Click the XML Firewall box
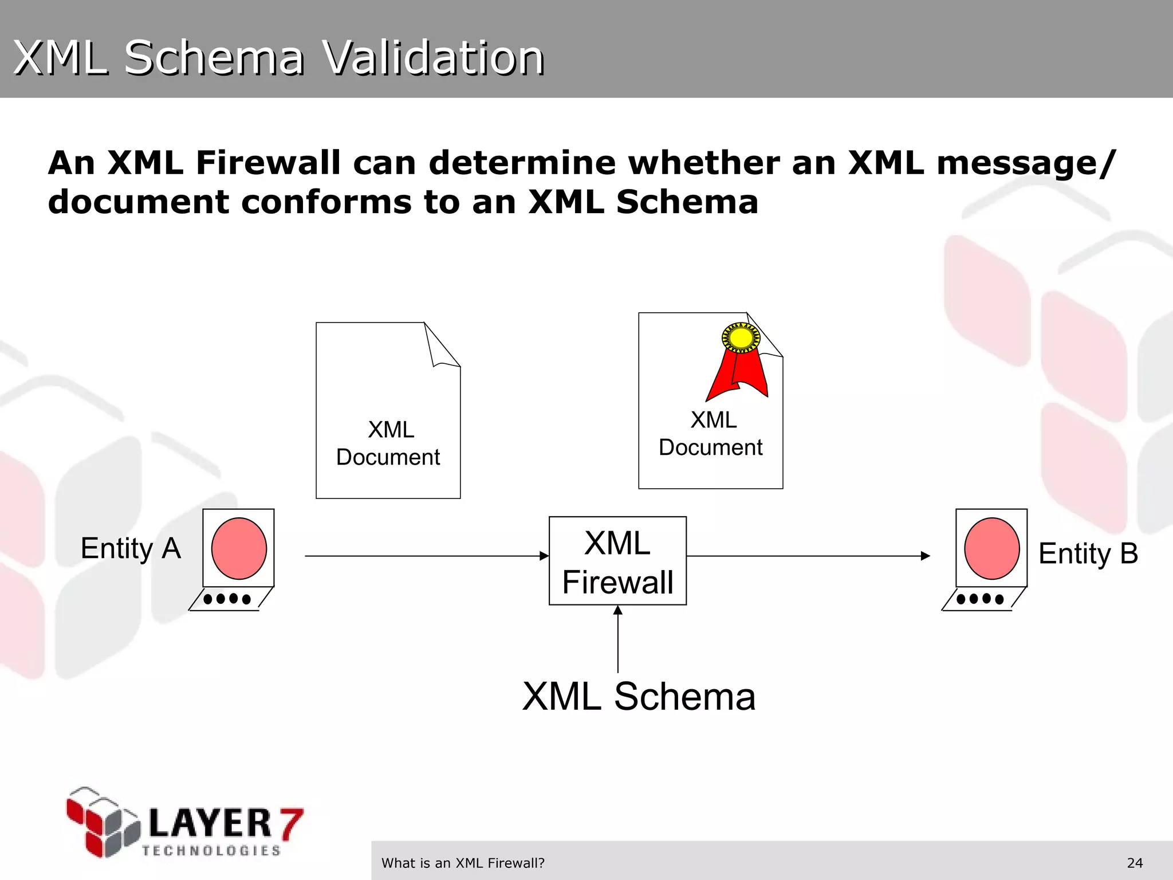617,561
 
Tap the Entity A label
131,548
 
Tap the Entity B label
1088,553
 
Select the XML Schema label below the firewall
639,697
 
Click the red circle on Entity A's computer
239,548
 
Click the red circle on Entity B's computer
991,548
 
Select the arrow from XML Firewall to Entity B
808,556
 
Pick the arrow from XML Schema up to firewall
618,639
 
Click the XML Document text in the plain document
388,443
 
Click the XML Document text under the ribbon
711,434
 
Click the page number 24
1135,863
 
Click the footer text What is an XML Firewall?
463,863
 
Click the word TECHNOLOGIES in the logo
211,851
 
